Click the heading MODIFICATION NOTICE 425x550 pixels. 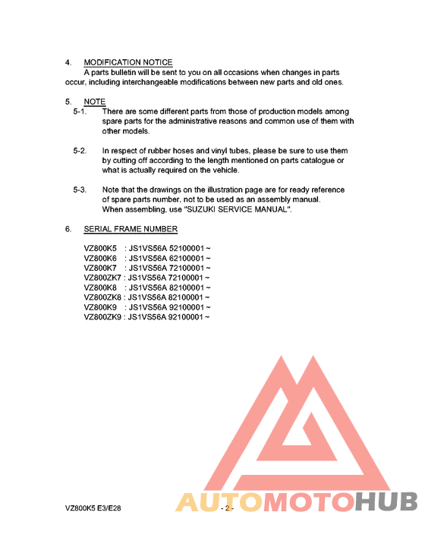(127, 62)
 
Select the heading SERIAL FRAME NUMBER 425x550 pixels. (131, 229)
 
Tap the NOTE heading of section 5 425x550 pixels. (95, 102)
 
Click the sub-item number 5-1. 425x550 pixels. (80, 112)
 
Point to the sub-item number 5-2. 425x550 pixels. (80, 151)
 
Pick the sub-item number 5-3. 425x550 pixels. (80, 190)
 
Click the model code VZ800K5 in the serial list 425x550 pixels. (100, 247)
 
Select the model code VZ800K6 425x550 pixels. (100, 258)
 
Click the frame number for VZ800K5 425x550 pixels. (170, 247)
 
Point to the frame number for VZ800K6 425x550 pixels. (170, 258)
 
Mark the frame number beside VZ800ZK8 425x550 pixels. (170, 297)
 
